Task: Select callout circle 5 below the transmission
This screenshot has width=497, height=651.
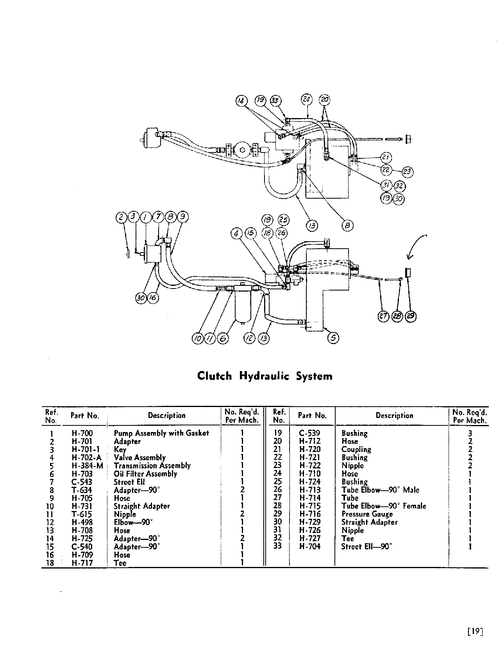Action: click(333, 337)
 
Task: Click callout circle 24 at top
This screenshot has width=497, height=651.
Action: click(306, 99)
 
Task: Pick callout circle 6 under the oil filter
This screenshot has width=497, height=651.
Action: click(222, 339)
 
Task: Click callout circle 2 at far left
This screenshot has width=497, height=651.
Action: click(121, 217)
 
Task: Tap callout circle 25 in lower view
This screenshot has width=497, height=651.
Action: click(283, 220)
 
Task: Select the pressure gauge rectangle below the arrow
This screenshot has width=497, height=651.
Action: click(408, 273)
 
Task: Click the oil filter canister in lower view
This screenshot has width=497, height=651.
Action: click(242, 307)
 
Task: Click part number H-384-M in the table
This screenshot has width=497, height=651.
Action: click(87, 466)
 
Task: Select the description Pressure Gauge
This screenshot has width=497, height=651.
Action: click(367, 514)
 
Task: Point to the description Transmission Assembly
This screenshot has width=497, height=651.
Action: click(152, 466)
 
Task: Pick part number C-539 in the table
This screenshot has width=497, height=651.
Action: click(309, 433)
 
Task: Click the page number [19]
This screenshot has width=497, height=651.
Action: click(475, 632)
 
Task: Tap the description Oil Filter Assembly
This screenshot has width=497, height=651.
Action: click(145, 474)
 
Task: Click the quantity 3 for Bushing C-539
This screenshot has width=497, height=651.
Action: click(470, 433)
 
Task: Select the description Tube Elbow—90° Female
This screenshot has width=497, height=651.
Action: click(383, 506)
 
